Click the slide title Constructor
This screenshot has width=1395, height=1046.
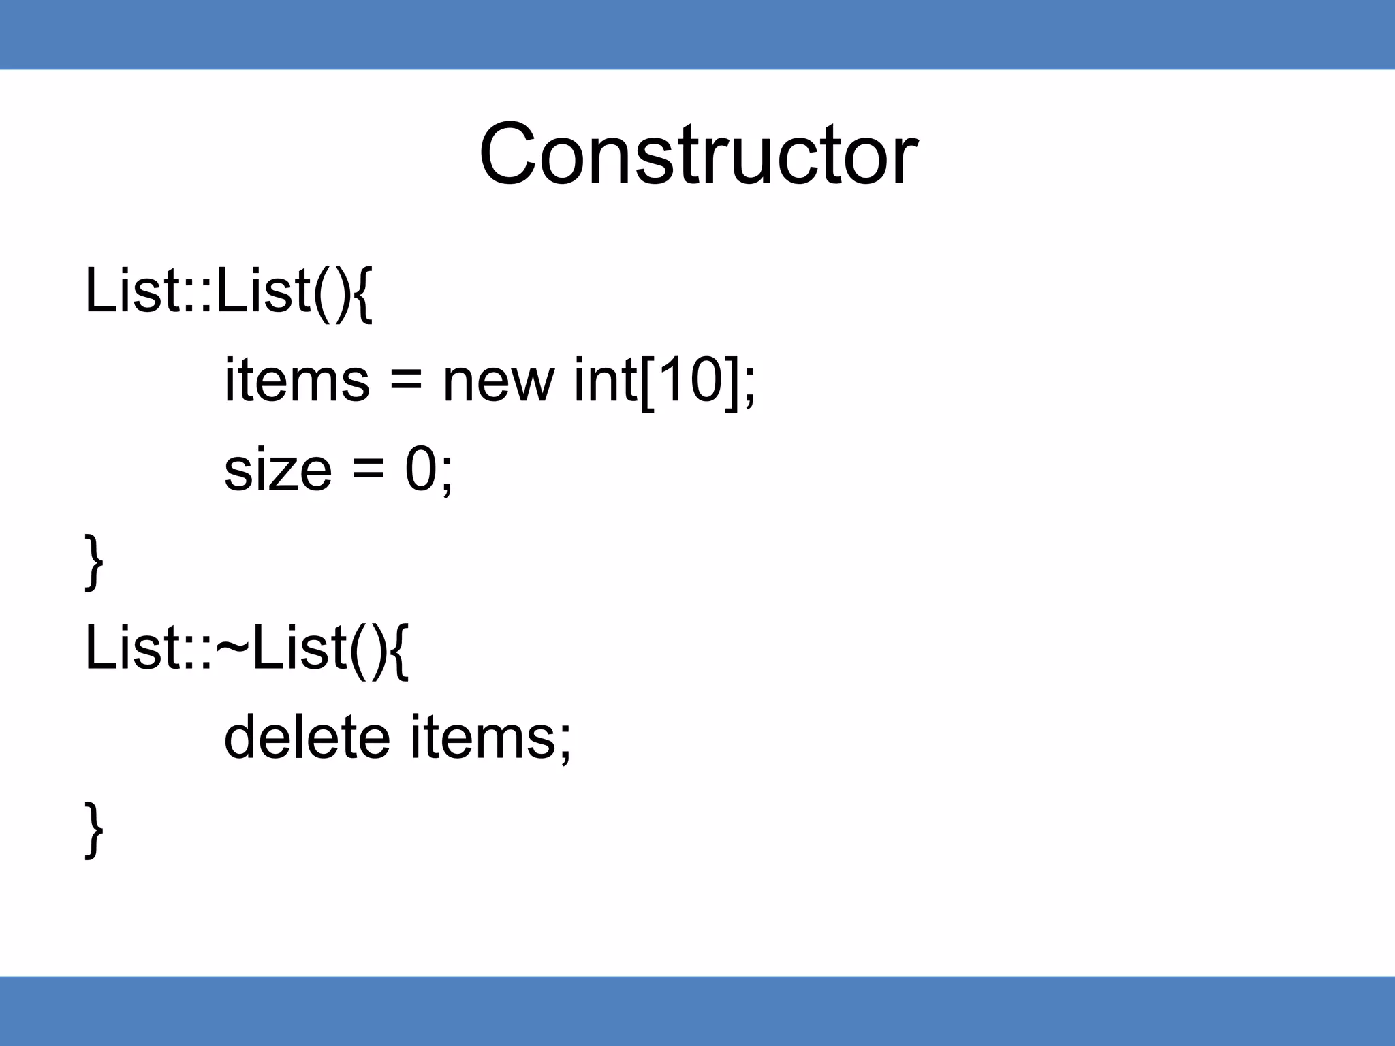pos(697,155)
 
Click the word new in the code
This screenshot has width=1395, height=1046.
pos(498,380)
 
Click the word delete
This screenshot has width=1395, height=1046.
pos(307,737)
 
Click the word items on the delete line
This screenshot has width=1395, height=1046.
pos(482,737)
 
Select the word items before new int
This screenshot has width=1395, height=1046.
pos(297,380)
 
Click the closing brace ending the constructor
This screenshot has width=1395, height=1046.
pos(94,562)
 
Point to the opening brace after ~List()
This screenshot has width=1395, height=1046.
pos(400,650)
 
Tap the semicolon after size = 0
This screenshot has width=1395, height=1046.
pos(446,475)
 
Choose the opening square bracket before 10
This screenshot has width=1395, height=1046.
pos(647,381)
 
